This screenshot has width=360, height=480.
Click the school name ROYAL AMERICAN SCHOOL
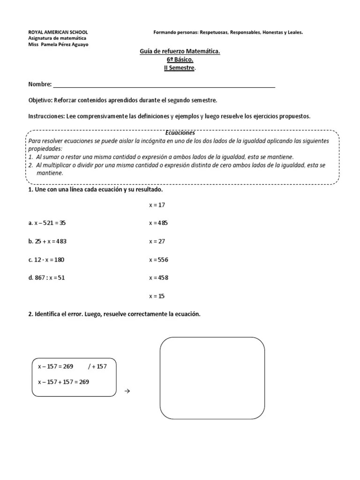coord(58,32)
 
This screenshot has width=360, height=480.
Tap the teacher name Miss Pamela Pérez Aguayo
coord(58,45)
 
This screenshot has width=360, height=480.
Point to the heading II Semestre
coord(180,68)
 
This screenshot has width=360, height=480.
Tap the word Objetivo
coord(40,100)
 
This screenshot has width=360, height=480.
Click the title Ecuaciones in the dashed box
coord(180,133)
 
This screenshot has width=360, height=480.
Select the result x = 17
coord(157,205)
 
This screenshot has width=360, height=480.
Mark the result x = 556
coord(158,260)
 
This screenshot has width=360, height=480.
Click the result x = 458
coord(158,277)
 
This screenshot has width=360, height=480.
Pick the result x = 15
coord(157,296)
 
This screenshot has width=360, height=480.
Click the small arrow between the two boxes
coord(127,390)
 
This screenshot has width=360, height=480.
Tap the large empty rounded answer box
coord(212,378)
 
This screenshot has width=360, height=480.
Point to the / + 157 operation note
coord(97,367)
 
